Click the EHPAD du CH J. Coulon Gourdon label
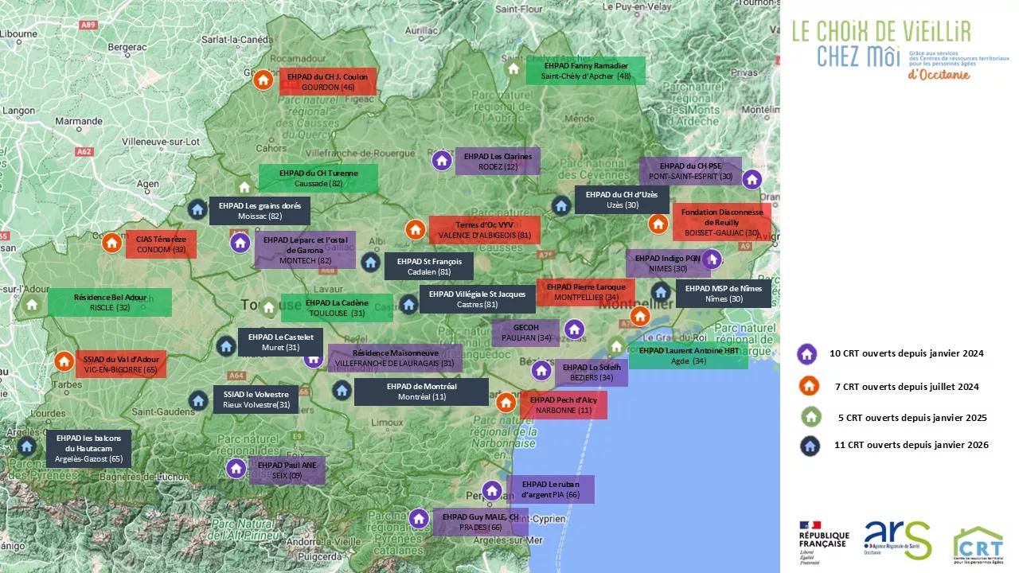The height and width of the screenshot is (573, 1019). click(327, 82)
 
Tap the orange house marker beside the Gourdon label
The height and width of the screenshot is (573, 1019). click(263, 80)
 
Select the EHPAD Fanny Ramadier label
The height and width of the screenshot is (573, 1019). click(585, 71)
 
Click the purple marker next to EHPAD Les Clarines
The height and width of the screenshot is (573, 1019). click(442, 160)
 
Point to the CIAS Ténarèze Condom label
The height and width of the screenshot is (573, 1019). click(161, 244)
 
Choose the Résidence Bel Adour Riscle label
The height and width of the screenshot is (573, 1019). click(110, 302)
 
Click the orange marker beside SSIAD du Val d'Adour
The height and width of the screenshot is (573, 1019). click(64, 361)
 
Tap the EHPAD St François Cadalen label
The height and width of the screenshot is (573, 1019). click(428, 267)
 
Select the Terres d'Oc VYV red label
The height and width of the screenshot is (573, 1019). click(484, 230)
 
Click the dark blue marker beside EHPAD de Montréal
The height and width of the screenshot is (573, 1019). click(342, 390)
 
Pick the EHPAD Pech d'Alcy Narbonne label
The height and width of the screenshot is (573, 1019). click(563, 405)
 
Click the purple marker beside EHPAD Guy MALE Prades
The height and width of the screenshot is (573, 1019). click(419, 519)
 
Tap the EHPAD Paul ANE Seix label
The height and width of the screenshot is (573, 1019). click(287, 470)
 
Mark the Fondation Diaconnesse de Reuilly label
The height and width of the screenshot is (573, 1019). click(721, 223)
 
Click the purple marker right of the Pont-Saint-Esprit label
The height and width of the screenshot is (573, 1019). click(752, 179)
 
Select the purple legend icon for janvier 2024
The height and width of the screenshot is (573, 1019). click(808, 354)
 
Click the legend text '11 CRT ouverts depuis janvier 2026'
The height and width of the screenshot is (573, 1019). click(911, 445)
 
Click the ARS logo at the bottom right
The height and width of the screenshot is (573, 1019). click(896, 540)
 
